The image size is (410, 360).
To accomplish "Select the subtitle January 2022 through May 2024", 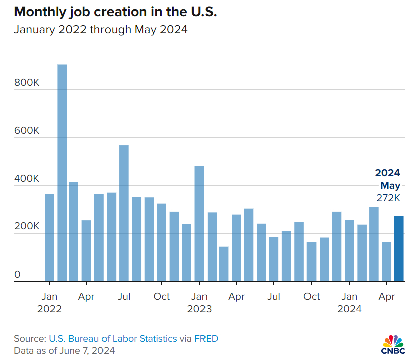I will pyautogui.click(x=100, y=30).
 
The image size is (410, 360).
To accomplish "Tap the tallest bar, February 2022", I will pyautogui.click(x=62, y=173).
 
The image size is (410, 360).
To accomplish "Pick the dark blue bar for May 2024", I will pyautogui.click(x=399, y=249).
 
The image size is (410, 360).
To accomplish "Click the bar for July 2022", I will pyautogui.click(x=124, y=213).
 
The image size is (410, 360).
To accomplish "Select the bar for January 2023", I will pyautogui.click(x=199, y=223).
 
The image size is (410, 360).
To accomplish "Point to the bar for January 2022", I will pyautogui.click(x=49, y=237).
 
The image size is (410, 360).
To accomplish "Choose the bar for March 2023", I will pyautogui.click(x=224, y=264).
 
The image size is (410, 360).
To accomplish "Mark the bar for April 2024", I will pyautogui.click(x=386, y=262).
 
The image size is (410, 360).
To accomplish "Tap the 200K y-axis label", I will pyautogui.click(x=26, y=227).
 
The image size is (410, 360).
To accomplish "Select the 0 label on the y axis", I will pyautogui.click(x=17, y=275).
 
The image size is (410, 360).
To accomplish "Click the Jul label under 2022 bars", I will pyautogui.click(x=124, y=297).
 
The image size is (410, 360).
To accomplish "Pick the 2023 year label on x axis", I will pyautogui.click(x=199, y=309).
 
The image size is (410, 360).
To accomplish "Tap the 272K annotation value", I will pyautogui.click(x=388, y=198).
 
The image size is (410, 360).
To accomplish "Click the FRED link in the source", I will pyautogui.click(x=207, y=339).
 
